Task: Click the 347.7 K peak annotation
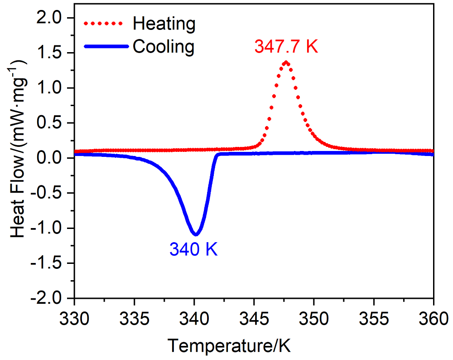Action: pyautogui.click(x=286, y=47)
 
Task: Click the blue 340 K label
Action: pyautogui.click(x=193, y=249)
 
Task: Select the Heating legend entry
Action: pyautogui.click(x=164, y=24)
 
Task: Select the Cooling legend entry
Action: pyautogui.click(x=164, y=46)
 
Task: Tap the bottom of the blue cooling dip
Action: pyautogui.click(x=196, y=234)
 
